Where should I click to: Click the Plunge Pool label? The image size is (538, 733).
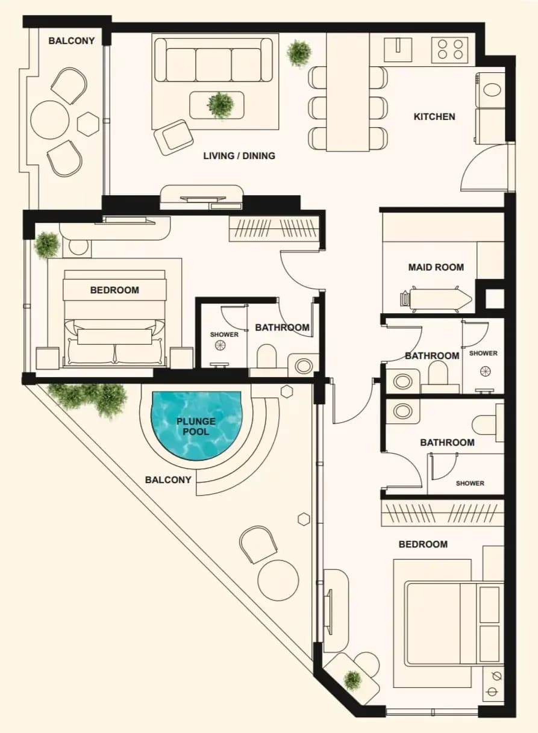coord(196,426)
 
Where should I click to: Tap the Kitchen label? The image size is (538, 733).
coord(434,117)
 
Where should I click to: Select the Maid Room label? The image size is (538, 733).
coord(436,267)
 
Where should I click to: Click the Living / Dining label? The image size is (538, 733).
coord(239,156)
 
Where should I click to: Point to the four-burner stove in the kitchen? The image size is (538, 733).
coord(450,50)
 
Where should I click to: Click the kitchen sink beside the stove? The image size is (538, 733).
coord(398,49)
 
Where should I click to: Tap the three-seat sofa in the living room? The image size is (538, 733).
coord(213,60)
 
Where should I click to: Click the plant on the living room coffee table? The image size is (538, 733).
coord(221,105)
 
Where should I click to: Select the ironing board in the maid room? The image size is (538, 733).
coord(436,299)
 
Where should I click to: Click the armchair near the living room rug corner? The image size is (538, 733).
coord(174,137)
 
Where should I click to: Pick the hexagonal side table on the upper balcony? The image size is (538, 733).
coord(88,124)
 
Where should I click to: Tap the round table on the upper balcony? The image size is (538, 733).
coord(50,120)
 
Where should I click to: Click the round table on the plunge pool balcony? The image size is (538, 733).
coord(278,580)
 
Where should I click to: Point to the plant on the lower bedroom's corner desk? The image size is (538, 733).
coord(352,681)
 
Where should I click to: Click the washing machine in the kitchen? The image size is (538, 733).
coord(490,90)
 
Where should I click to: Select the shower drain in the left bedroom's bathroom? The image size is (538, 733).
coord(221,345)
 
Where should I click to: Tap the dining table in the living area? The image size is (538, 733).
coord(348,92)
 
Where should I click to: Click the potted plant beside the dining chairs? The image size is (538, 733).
coord(299,54)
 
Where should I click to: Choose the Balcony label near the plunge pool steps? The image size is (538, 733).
coord(168,480)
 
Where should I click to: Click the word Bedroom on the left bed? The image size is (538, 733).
coord(114,290)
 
